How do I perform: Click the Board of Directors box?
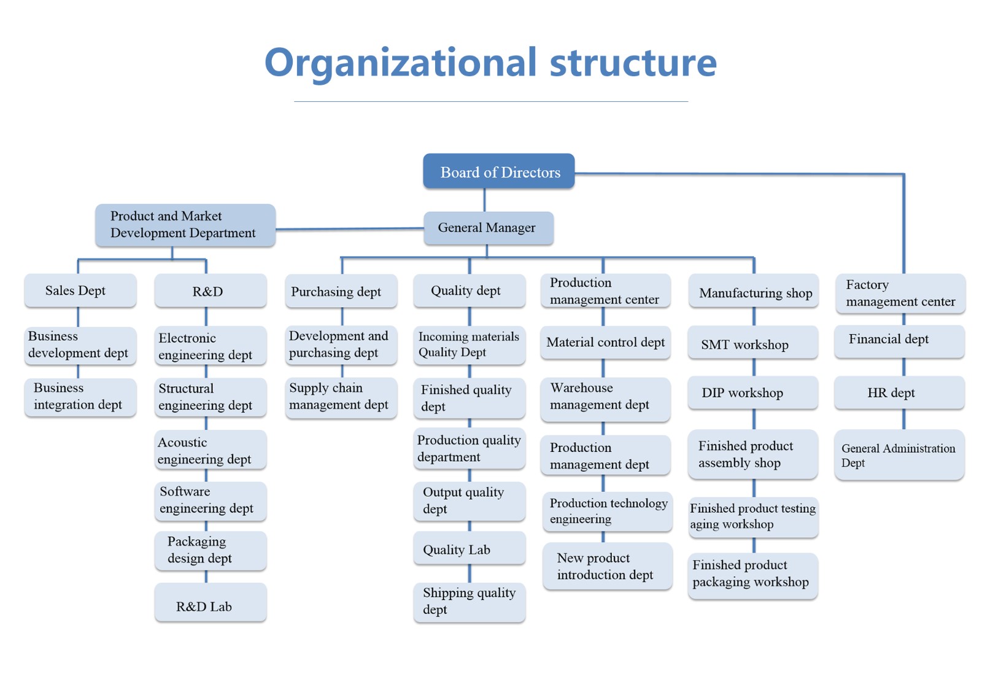click(498, 171)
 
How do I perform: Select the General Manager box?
click(489, 228)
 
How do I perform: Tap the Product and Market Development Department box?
click(185, 225)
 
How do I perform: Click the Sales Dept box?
click(80, 290)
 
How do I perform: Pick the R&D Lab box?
click(211, 602)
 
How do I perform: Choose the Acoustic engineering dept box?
click(211, 450)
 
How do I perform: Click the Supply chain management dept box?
click(341, 397)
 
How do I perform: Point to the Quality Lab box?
click(469, 548)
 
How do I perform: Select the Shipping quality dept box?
click(469, 602)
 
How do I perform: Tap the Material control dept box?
click(605, 343)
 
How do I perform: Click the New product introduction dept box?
click(607, 566)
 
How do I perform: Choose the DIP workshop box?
click(752, 392)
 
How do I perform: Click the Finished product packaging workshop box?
click(752, 576)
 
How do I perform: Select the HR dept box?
click(900, 392)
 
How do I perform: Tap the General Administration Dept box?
click(900, 454)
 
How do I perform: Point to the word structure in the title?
click(633, 62)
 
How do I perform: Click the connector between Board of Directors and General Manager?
click(484, 200)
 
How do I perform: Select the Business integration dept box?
click(80, 397)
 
